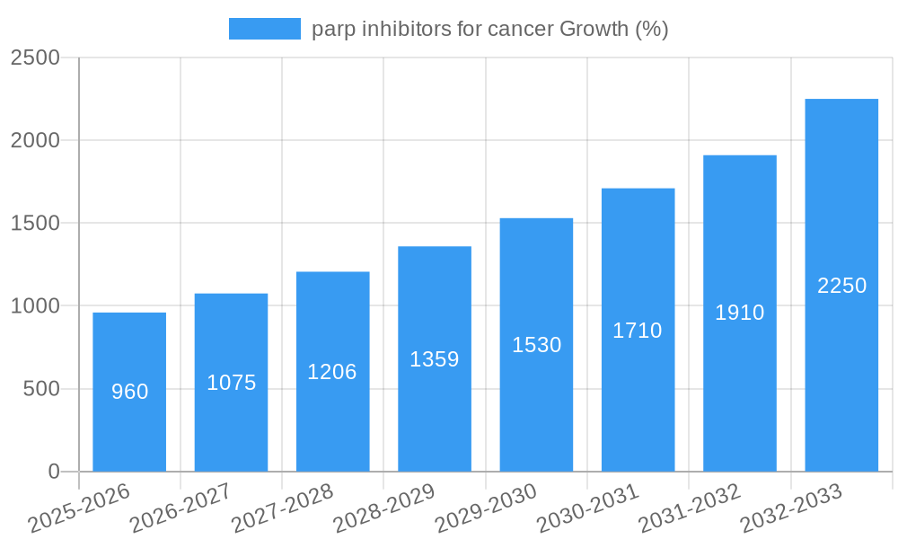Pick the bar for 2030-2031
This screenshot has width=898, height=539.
click(x=638, y=395)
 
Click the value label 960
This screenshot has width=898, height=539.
click(x=129, y=392)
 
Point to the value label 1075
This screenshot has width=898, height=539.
click(x=231, y=383)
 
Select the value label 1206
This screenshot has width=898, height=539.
click(x=332, y=372)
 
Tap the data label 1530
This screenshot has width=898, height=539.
click(x=536, y=345)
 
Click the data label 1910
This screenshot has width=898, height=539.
click(x=739, y=313)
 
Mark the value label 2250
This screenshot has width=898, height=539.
click(x=841, y=286)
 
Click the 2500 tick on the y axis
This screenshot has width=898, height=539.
click(x=35, y=57)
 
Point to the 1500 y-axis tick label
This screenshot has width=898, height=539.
click(x=35, y=224)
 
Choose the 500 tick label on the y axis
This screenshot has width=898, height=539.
click(x=41, y=389)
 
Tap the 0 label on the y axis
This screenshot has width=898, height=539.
click(x=53, y=472)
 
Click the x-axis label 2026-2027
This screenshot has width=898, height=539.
click(x=180, y=508)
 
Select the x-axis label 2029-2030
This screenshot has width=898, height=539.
click(x=485, y=508)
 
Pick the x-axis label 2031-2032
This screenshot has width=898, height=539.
click(x=689, y=508)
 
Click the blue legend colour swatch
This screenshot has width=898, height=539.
click(x=265, y=29)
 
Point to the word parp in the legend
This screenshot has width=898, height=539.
click(x=331, y=30)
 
